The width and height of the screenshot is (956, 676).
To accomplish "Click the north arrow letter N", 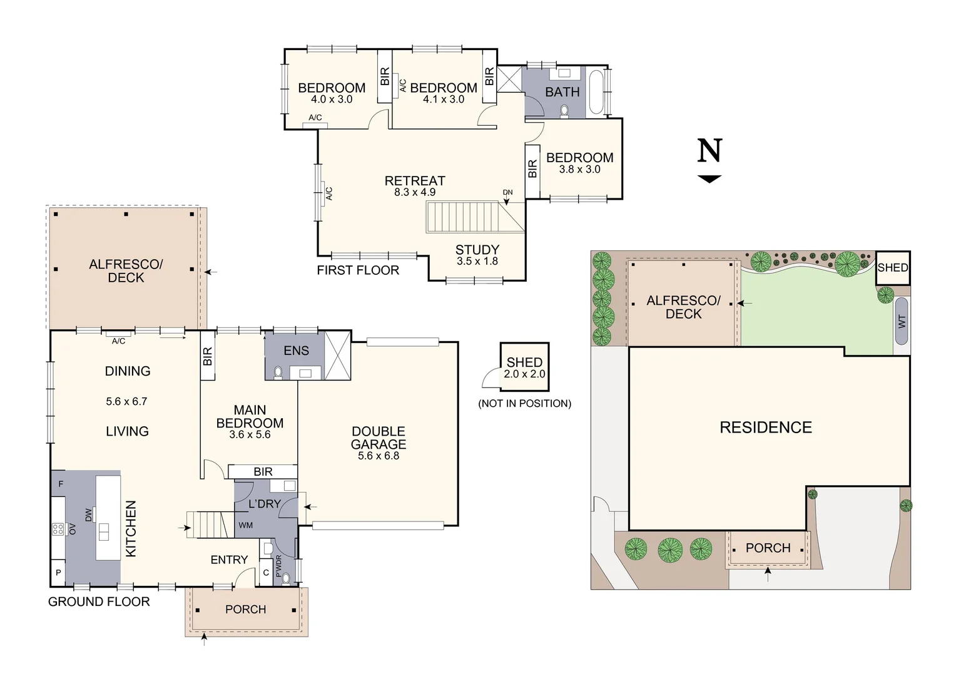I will [709, 151].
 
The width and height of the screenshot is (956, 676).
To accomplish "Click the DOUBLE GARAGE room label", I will [379, 438].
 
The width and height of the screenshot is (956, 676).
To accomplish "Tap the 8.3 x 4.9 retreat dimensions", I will [415, 193].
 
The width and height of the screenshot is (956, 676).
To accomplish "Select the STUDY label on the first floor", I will [477, 250].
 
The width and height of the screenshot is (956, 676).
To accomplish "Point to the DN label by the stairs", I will [507, 192].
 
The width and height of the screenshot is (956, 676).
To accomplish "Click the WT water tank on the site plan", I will [902, 321].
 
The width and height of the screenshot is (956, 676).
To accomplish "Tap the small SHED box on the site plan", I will [892, 268].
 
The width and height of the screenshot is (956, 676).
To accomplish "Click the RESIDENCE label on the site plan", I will [766, 428].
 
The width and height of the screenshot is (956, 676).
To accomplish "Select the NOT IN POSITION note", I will [524, 404].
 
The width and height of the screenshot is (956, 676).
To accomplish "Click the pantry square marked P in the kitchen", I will [58, 573].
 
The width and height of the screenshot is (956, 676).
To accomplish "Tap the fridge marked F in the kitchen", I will [61, 484].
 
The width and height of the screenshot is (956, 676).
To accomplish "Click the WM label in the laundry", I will [246, 525].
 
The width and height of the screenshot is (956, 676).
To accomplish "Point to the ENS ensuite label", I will [296, 351].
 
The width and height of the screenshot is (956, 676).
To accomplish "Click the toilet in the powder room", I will [286, 578].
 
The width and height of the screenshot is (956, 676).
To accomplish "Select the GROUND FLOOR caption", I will [99, 602].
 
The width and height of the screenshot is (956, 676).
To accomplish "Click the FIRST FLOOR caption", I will [358, 270].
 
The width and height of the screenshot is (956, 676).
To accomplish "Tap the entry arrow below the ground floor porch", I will [204, 638].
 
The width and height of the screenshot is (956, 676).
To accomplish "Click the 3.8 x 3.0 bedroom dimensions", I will [579, 170].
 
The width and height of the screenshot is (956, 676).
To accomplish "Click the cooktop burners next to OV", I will [58, 530].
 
